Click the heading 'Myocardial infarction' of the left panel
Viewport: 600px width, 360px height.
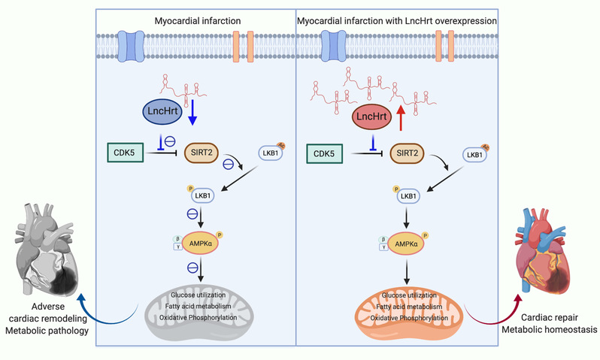click(196, 20)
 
